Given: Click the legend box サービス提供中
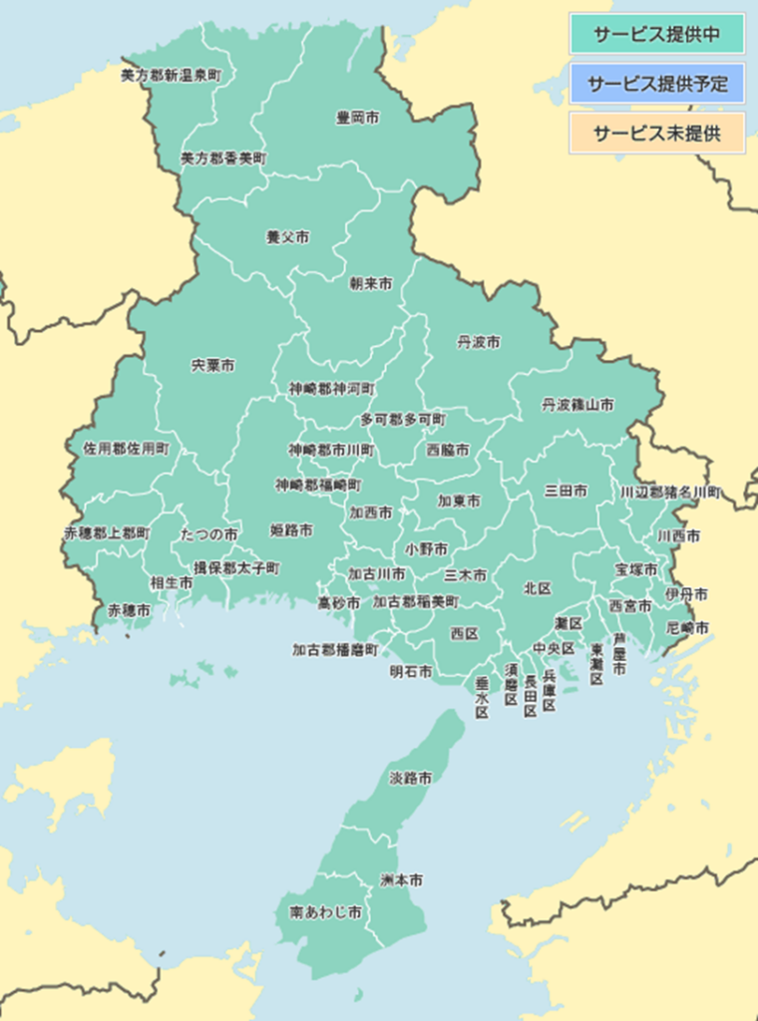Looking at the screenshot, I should click(656, 34).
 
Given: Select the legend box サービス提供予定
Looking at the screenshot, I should click(656, 83).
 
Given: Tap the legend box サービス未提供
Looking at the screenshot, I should click(656, 133).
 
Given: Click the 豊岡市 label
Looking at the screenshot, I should click(357, 118).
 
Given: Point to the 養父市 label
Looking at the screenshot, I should click(287, 237).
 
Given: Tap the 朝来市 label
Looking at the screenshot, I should click(370, 284).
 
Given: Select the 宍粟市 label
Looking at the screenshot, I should click(213, 366).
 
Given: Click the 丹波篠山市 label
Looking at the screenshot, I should click(577, 405).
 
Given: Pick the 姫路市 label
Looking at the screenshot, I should click(291, 530).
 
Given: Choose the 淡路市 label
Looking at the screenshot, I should click(410, 778).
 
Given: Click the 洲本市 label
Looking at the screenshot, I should click(401, 880).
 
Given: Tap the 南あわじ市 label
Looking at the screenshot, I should click(326, 912).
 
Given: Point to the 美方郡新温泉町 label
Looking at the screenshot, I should click(171, 75).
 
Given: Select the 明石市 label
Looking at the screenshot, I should click(411, 672).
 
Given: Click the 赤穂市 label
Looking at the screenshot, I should click(130, 609).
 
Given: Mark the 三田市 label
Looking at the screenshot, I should click(566, 491).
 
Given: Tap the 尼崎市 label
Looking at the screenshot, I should click(687, 628).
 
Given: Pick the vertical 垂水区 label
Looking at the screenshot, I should click(482, 697).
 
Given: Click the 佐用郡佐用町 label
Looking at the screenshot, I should click(127, 449).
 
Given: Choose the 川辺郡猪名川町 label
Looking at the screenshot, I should click(669, 492).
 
